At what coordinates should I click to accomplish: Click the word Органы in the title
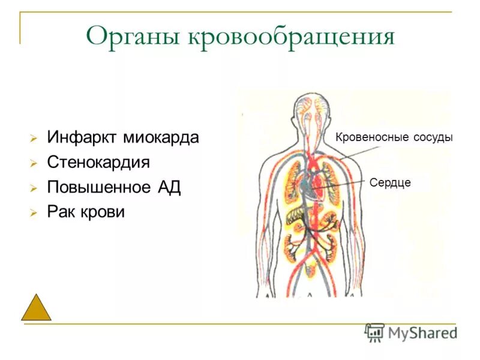[x=133, y=37]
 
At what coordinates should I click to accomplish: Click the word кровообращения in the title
[x=292, y=37]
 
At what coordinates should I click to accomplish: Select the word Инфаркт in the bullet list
[x=82, y=137]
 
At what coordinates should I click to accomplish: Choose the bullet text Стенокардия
[x=98, y=163]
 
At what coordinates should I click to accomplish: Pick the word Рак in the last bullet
[x=62, y=212]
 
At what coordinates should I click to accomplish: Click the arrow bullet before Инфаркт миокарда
[x=34, y=139]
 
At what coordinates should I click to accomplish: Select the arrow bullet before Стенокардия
[x=34, y=163]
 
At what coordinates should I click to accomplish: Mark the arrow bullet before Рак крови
[x=34, y=213]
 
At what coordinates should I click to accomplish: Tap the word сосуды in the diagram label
[x=433, y=137]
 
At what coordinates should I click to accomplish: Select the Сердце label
[x=390, y=182]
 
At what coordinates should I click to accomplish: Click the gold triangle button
[x=36, y=308]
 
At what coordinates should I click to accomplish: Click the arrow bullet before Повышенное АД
[x=34, y=188]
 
